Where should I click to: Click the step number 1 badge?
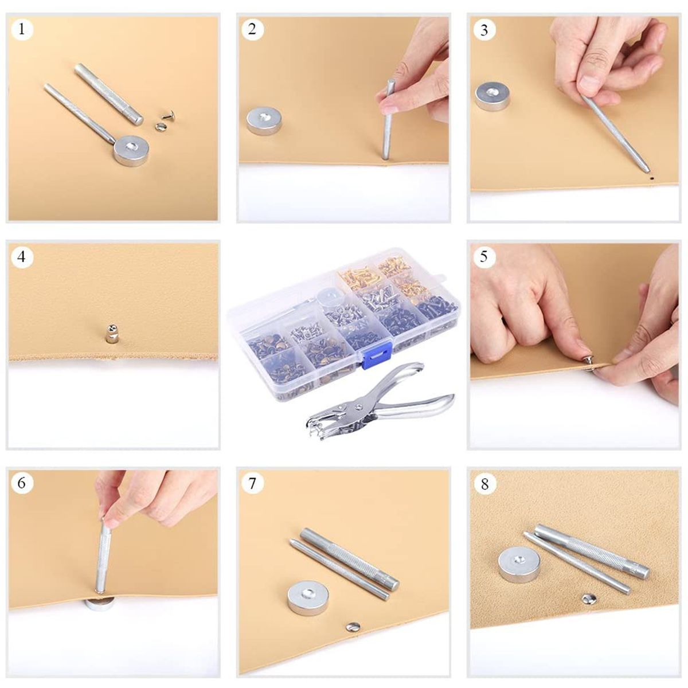click(22, 29)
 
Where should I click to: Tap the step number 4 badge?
click(22, 256)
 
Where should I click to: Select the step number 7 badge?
click(252, 483)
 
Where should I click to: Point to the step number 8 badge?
click(484, 484)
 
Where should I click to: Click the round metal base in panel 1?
click(131, 151)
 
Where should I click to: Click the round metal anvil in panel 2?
click(264, 122)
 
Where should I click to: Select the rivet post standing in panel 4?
click(111, 334)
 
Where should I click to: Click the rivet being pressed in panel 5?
click(589, 366)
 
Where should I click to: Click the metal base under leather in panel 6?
click(100, 605)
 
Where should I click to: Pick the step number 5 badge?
click(483, 256)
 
